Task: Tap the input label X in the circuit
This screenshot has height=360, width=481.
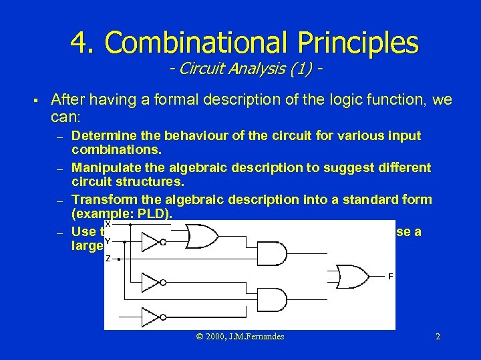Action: click(108, 225)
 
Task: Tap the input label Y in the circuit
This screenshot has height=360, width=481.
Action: click(108, 241)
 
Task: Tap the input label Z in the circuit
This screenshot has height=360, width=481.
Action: click(108, 258)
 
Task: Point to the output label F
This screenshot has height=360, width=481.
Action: click(390, 276)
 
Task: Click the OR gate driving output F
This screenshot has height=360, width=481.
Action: click(355, 276)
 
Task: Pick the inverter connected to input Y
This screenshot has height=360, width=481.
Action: click(151, 241)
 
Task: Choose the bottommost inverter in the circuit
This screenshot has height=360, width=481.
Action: click(151, 316)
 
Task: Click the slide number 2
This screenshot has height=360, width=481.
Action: click(438, 337)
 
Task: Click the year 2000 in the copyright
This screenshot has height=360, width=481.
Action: click(216, 337)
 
